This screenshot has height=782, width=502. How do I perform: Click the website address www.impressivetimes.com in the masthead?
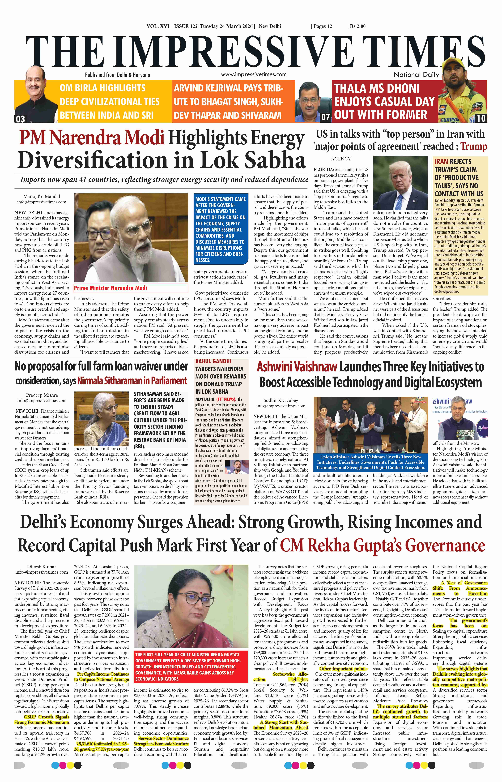[x=254, y=74]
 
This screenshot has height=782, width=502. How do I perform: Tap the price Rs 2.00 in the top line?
[x=358, y=26]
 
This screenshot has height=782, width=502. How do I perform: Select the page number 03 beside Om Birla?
[x=20, y=119]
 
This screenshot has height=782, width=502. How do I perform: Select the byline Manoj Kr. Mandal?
[x=42, y=197]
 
